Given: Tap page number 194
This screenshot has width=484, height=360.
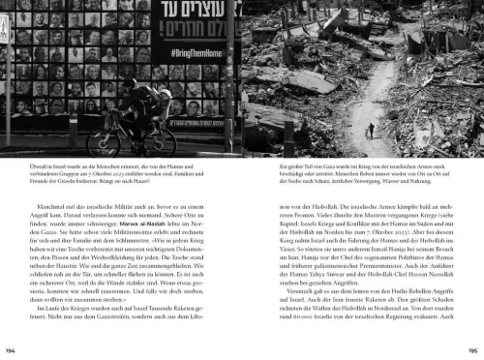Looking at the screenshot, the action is [12, 349].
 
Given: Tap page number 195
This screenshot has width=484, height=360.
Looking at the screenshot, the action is [472, 349].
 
